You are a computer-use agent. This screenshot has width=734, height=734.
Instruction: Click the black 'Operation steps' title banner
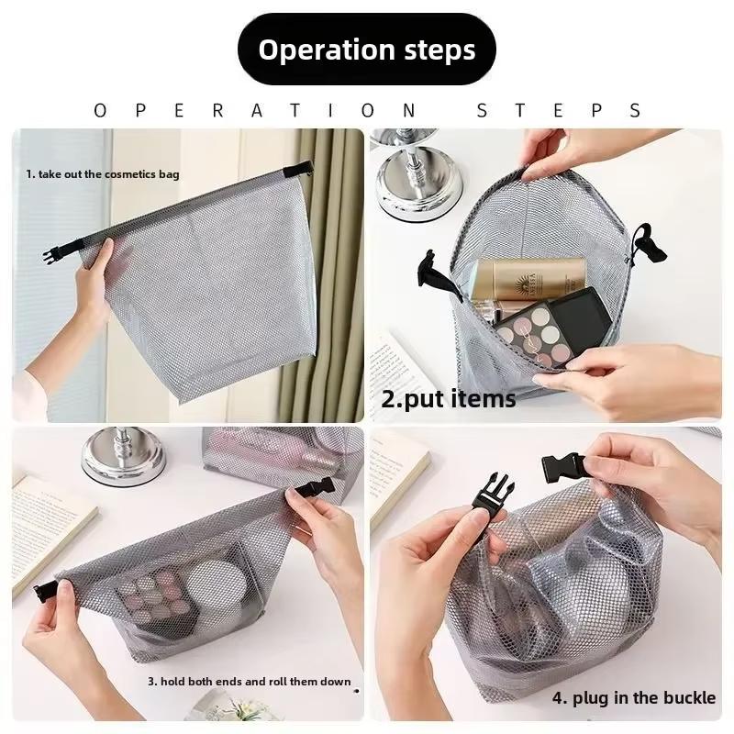point(367,50)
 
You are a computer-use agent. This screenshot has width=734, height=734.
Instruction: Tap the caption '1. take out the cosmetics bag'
point(102,173)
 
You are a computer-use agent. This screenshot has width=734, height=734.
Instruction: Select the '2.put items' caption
point(448,399)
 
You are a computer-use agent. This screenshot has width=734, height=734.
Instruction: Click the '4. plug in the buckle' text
point(633,698)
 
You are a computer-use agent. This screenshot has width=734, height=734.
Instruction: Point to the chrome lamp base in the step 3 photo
point(124,458)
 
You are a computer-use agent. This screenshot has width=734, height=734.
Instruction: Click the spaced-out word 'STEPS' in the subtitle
point(558,111)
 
